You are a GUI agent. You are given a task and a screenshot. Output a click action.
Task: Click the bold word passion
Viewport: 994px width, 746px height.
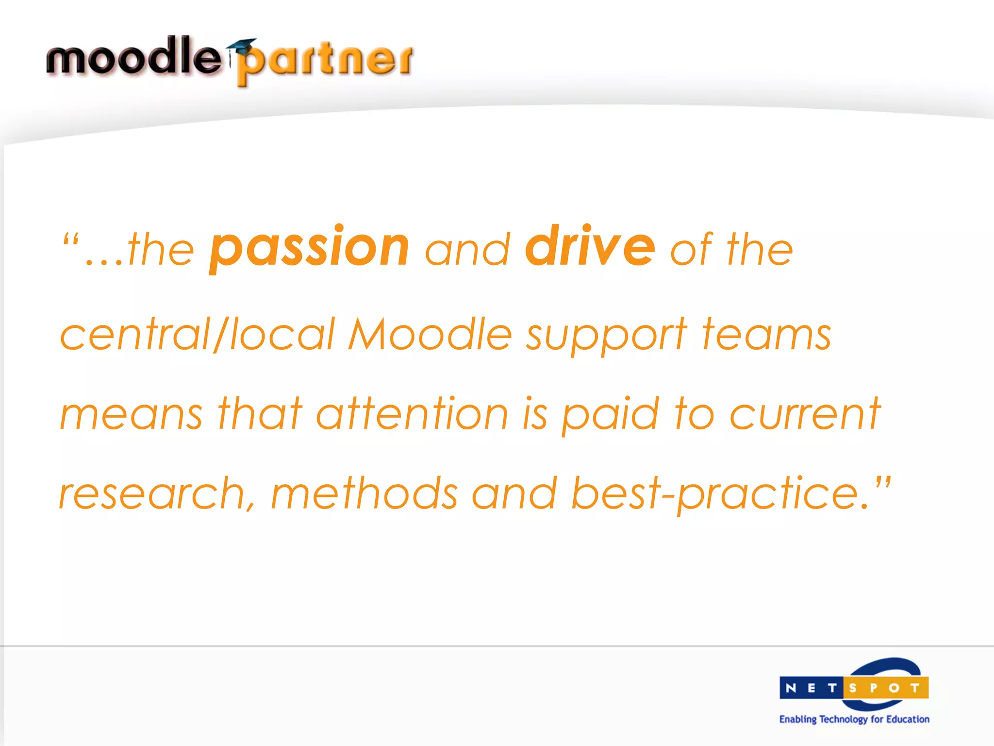coord(309,249)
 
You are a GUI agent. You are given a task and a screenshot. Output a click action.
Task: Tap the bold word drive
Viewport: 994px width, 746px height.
coord(590,247)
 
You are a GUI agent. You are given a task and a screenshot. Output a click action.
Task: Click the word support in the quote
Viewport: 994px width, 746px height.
coord(606,336)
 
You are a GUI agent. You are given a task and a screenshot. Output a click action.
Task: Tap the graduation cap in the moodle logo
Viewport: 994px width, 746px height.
coord(241,47)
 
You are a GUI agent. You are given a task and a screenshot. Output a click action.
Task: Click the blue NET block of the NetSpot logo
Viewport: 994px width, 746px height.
coord(811,688)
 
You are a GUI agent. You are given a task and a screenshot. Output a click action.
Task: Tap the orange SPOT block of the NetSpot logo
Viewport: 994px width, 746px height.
coord(886,688)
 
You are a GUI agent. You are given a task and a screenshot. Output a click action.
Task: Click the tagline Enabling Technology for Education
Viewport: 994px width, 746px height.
coord(854,719)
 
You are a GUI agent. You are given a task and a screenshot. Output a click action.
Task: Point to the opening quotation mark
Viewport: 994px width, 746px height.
coord(71,239)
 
